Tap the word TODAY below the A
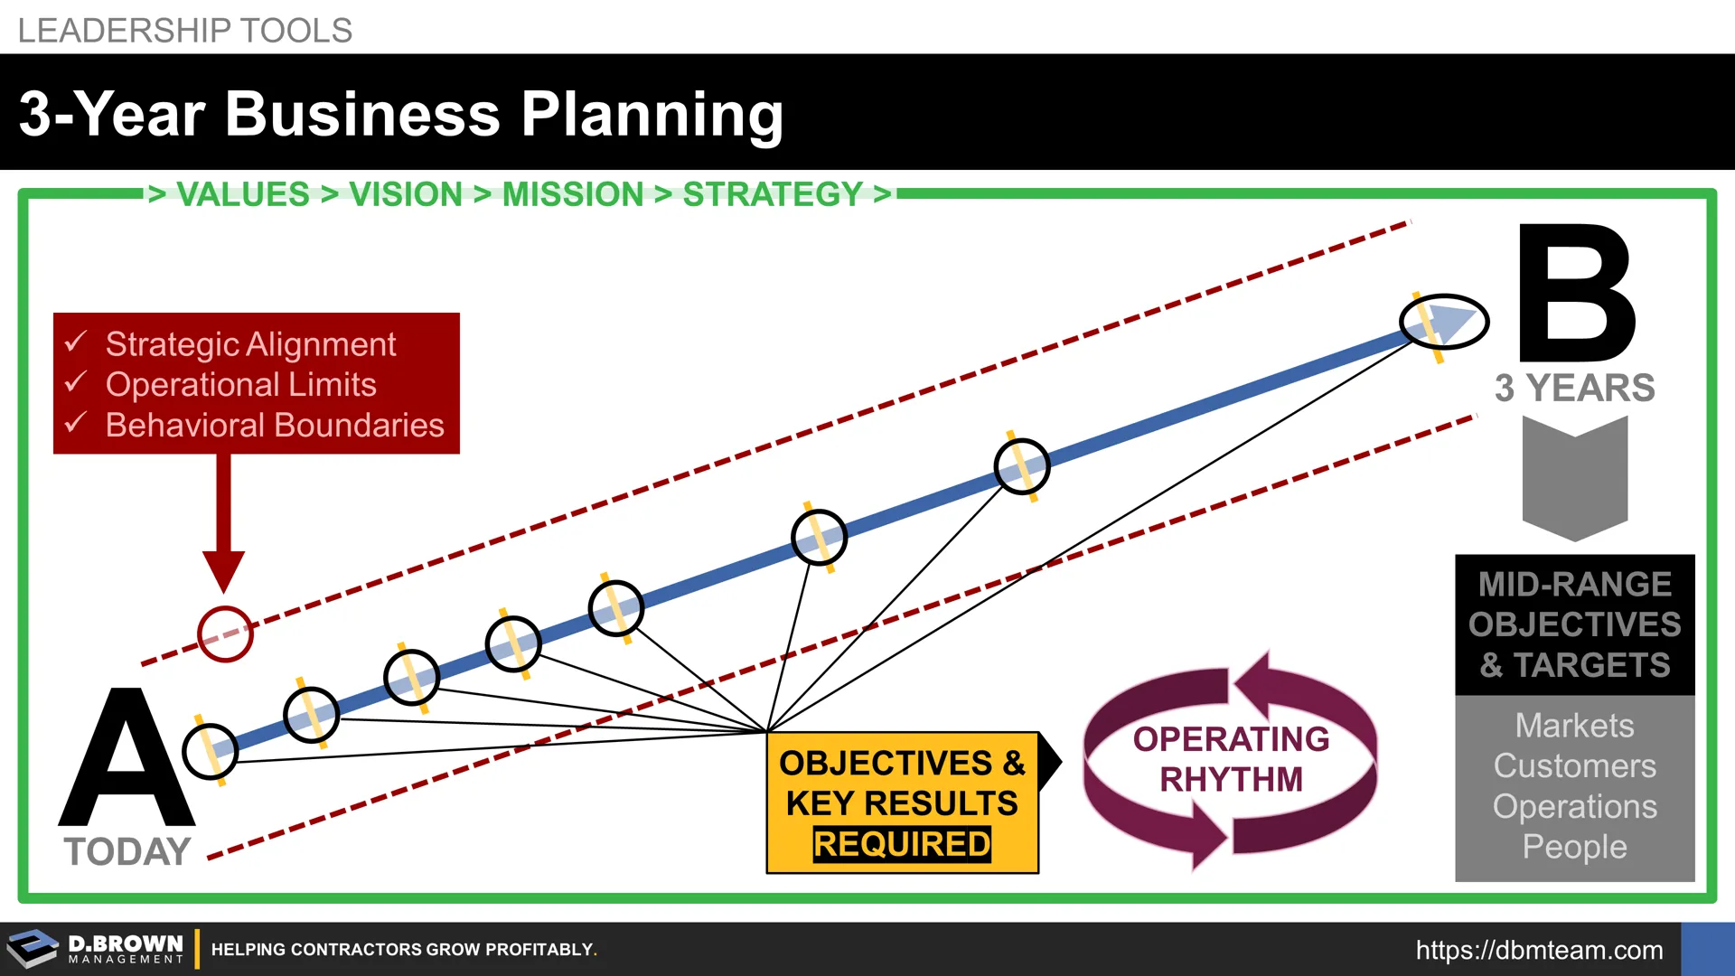click(x=127, y=851)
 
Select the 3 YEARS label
click(x=1574, y=388)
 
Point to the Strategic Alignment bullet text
click(x=250, y=344)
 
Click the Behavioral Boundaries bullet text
click(x=275, y=425)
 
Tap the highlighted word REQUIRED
click(x=902, y=844)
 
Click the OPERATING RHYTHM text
click(x=1231, y=759)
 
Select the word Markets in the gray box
click(x=1574, y=726)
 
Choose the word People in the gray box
click(x=1574, y=847)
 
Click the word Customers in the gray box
click(x=1574, y=766)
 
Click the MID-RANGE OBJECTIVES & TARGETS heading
click(x=1574, y=624)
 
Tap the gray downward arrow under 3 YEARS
click(x=1575, y=479)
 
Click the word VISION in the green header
click(x=406, y=194)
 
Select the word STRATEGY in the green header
click(x=773, y=194)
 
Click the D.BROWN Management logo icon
click(x=33, y=949)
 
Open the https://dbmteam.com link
click(x=1539, y=950)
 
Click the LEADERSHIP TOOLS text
click(x=184, y=31)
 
